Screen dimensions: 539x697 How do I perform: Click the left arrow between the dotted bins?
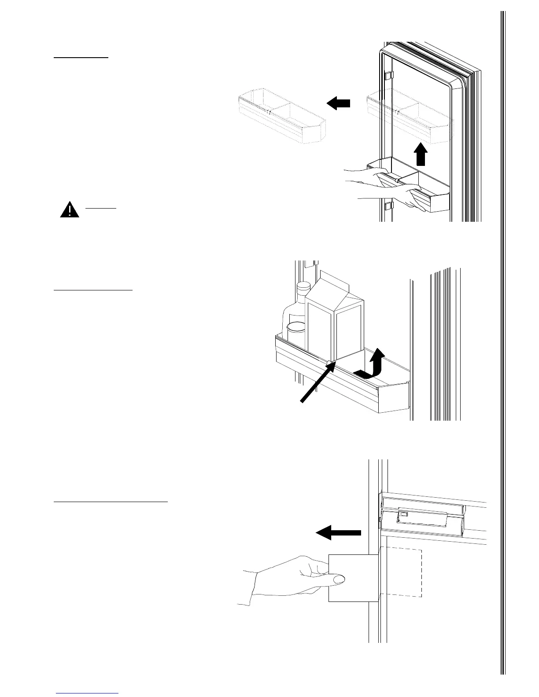point(339,103)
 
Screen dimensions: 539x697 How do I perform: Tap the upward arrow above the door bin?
point(421,154)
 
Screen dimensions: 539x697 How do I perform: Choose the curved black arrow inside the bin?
point(371,365)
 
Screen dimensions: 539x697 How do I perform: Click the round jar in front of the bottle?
point(296,332)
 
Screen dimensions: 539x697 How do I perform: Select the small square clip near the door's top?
point(388,76)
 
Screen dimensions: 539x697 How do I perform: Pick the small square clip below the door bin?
point(388,206)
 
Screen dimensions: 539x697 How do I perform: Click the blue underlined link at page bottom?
point(87,693)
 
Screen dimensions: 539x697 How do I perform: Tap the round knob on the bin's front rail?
point(330,362)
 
